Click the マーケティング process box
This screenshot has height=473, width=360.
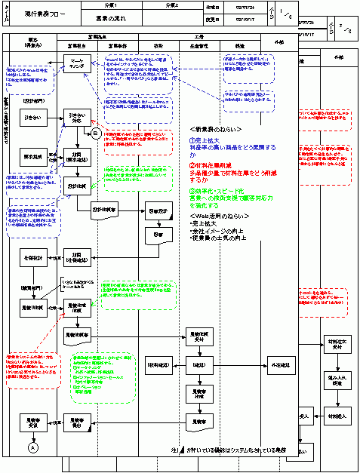[76, 63]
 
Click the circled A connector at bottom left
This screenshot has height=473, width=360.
[32, 447]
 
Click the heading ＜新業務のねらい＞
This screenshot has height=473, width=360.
[216, 128]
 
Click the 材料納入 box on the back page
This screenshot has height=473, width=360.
[335, 414]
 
